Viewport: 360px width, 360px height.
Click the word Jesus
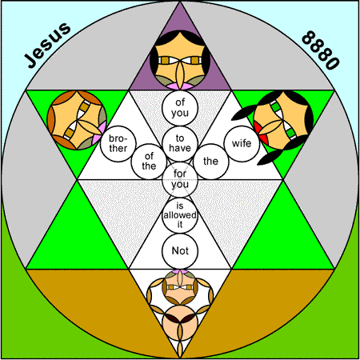pos(47,45)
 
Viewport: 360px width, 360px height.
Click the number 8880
pos(321,50)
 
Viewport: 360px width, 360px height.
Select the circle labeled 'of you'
pos(180,108)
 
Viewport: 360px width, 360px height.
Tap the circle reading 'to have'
pos(180,143)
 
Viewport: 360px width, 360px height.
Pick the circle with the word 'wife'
pos(242,143)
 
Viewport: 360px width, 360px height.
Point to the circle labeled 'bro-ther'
pos(118,143)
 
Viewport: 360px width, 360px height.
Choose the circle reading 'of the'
pos(149,162)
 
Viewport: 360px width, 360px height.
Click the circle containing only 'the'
pos(211,162)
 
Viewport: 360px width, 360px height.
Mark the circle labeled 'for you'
pos(180,179)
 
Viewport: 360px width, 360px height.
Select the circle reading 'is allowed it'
pos(180,215)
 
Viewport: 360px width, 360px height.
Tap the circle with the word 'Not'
pos(180,251)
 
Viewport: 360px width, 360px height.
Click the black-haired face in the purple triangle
pos(180,60)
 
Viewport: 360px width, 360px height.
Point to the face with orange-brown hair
pos(77,120)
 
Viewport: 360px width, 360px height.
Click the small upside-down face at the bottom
pos(180,287)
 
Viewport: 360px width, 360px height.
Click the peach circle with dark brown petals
pos(180,323)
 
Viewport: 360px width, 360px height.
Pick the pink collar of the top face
pos(180,86)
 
